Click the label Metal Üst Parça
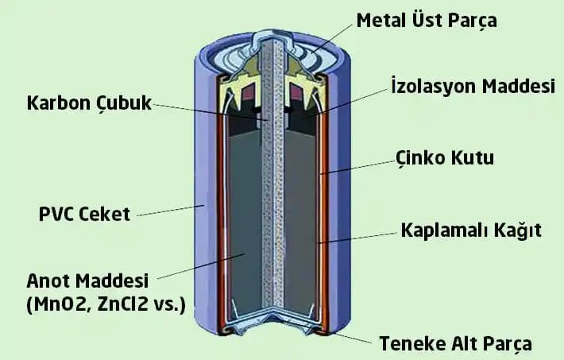coord(427,20)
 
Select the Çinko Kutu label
coord(444,157)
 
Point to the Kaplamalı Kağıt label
coord(471,230)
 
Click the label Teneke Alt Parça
coord(455,343)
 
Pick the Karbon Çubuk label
coord(88,103)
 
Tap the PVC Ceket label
coord(84,214)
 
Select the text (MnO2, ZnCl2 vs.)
coord(106,303)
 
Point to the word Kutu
coord(473,157)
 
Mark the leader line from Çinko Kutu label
coord(357,165)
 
